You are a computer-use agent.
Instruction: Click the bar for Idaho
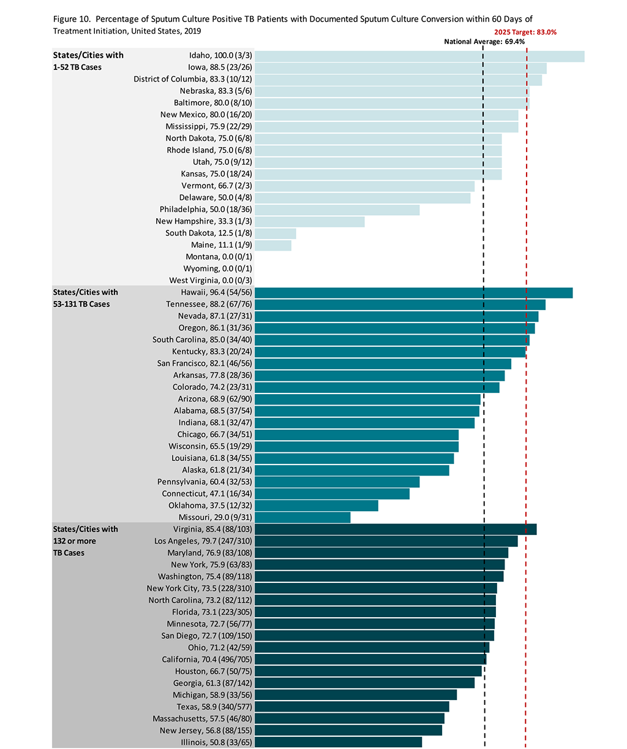pyautogui.click(x=419, y=56)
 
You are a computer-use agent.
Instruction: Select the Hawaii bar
pyautogui.click(x=413, y=292)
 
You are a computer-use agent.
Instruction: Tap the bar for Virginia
pyautogui.click(x=396, y=529)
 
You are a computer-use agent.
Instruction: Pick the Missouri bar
pyautogui.click(x=302, y=517)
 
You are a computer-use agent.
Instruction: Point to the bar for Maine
pyautogui.click(x=273, y=245)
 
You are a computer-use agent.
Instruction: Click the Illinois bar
pyautogui.click(x=338, y=742)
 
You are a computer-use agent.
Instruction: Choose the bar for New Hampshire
pyautogui.click(x=310, y=221)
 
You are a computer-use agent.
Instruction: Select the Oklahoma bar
pyautogui.click(x=317, y=506)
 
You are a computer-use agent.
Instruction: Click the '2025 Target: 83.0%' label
pyautogui.click(x=525, y=32)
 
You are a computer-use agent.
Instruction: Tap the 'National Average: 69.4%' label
pyautogui.click(x=484, y=42)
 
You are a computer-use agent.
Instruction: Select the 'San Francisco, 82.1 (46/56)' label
pyautogui.click(x=204, y=363)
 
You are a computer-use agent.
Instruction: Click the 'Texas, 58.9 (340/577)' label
pyautogui.click(x=214, y=707)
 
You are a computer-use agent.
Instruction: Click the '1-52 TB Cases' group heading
pyautogui.click(x=77, y=67)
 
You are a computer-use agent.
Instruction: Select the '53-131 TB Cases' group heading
pyautogui.click(x=81, y=304)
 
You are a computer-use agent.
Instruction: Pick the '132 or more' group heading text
pyautogui.click(x=74, y=541)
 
